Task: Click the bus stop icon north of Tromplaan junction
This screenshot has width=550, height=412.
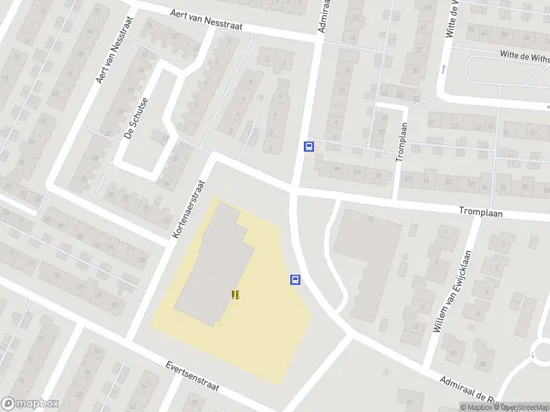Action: (x=309, y=146)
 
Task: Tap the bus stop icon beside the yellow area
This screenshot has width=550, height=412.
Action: (x=295, y=279)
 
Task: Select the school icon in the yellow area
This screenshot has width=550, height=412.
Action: (x=236, y=295)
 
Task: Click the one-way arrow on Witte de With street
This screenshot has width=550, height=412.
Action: (x=444, y=68)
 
